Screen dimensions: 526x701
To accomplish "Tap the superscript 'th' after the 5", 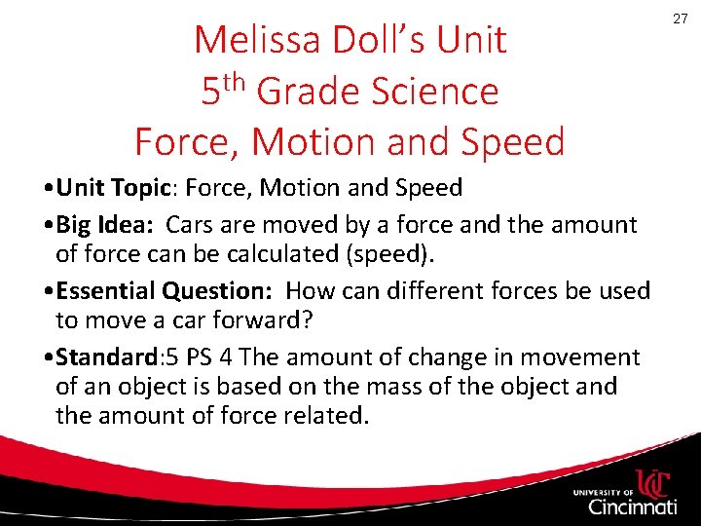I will pyautogui.click(x=236, y=80).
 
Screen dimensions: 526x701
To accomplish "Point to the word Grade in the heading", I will pyautogui.click(x=313, y=92).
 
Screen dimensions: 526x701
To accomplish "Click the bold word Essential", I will pyautogui.click(x=106, y=291).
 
